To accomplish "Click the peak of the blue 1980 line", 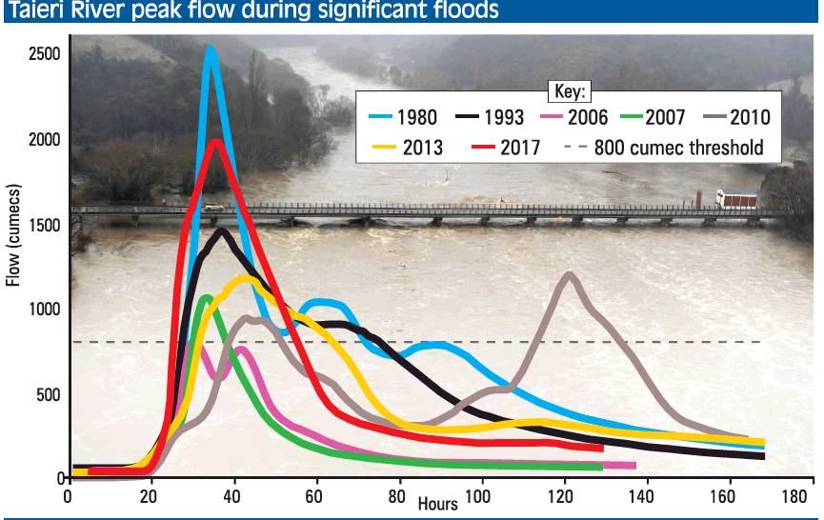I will pyautogui.click(x=210, y=49).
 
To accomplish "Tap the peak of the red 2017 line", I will pyautogui.click(x=217, y=142).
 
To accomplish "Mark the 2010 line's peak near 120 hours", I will pyautogui.click(x=570, y=275).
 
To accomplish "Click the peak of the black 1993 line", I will pyautogui.click(x=222, y=230).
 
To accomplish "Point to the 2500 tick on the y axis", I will pyautogui.click(x=44, y=54).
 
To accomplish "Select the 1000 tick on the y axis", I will pyautogui.click(x=44, y=309).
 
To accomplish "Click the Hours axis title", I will pyautogui.click(x=437, y=503).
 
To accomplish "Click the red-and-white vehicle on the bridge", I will pyautogui.click(x=736, y=200).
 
